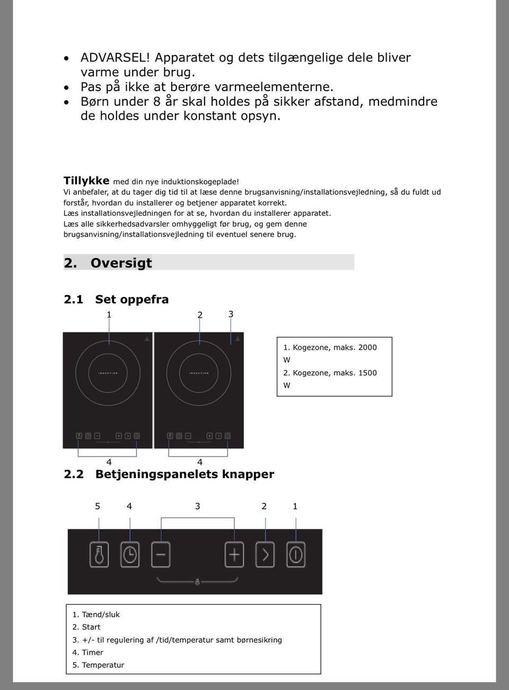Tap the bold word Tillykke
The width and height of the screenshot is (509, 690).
tap(86, 181)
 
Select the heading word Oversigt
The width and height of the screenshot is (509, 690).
tap(121, 263)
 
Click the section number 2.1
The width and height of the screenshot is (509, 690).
tap(73, 299)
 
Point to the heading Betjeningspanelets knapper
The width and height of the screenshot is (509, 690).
tap(185, 474)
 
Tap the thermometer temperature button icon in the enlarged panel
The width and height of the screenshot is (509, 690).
tap(99, 555)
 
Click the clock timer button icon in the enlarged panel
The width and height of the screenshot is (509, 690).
tap(130, 555)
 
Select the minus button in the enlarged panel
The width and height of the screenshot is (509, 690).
tap(161, 555)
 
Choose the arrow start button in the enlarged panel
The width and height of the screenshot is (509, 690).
tap(265, 555)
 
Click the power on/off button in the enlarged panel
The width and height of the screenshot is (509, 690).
tap(296, 555)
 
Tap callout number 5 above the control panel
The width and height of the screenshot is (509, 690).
tap(98, 506)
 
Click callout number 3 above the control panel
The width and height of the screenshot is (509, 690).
tap(198, 506)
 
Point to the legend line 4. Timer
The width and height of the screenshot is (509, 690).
tap(88, 652)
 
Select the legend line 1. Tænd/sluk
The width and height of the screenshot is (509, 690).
tap(96, 615)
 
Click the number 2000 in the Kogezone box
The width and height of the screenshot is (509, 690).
tap(367, 348)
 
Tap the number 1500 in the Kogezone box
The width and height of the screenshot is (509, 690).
tap(367, 373)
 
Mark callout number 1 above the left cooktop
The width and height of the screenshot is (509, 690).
tap(109, 315)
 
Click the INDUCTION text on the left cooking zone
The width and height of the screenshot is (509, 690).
tap(108, 374)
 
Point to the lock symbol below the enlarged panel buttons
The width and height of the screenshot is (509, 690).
tap(197, 581)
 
